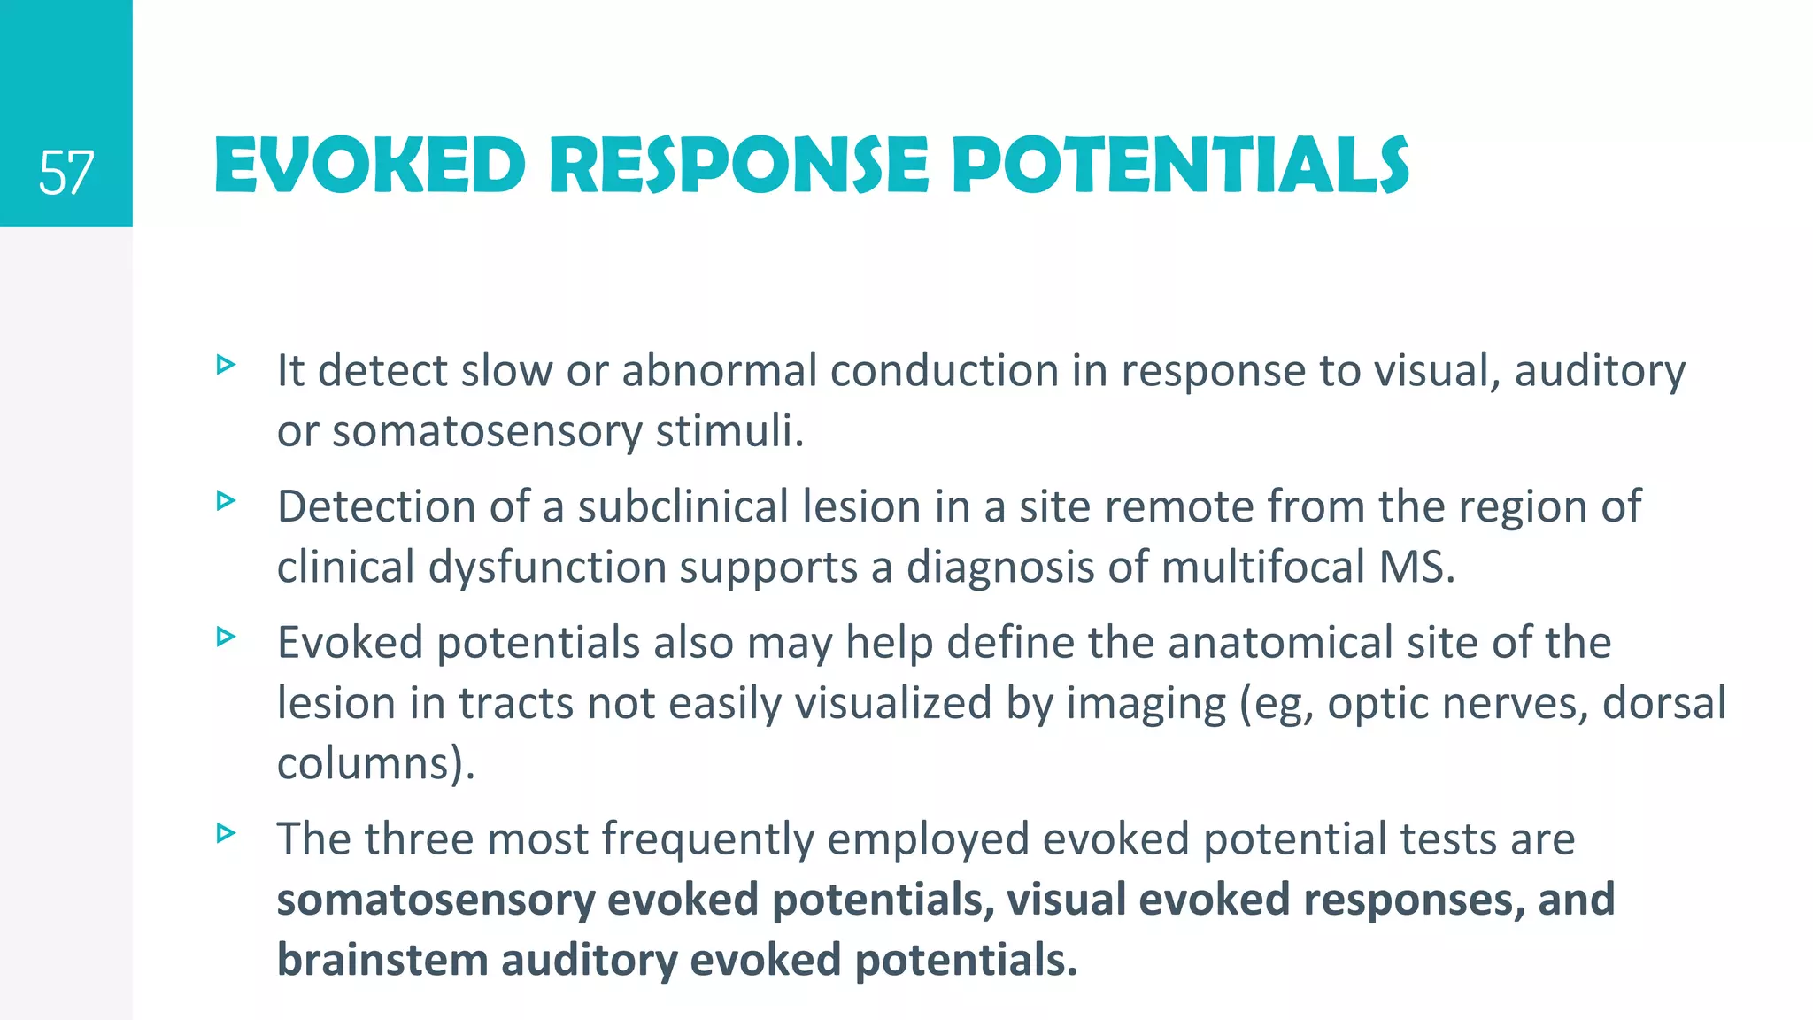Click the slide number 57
[66, 173]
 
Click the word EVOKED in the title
[370, 166]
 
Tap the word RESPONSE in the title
[739, 166]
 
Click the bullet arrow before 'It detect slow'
[227, 364]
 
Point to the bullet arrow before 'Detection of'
[227, 501]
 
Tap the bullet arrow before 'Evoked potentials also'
[227, 637]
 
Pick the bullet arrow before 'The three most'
[227, 833]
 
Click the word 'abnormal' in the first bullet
[719, 370]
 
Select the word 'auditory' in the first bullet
[1600, 372]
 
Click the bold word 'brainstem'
[382, 961]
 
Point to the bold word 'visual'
[1065, 900]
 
